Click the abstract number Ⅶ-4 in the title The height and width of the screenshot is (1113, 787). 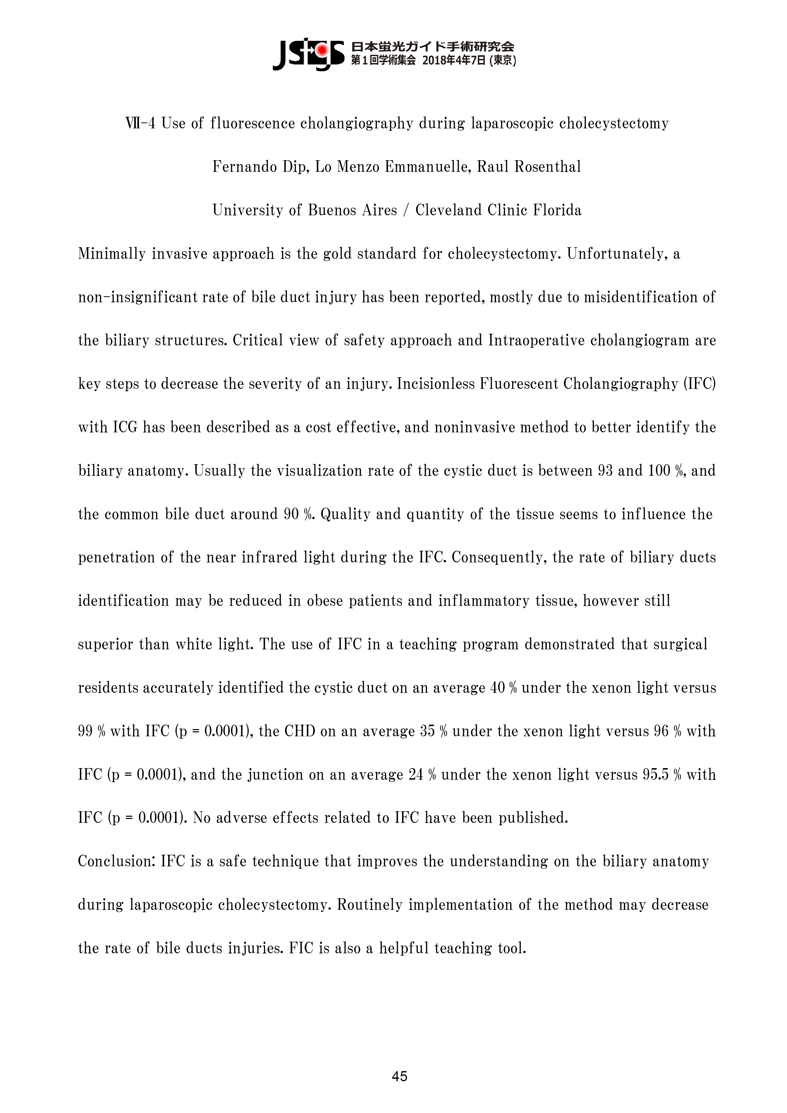(x=140, y=124)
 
